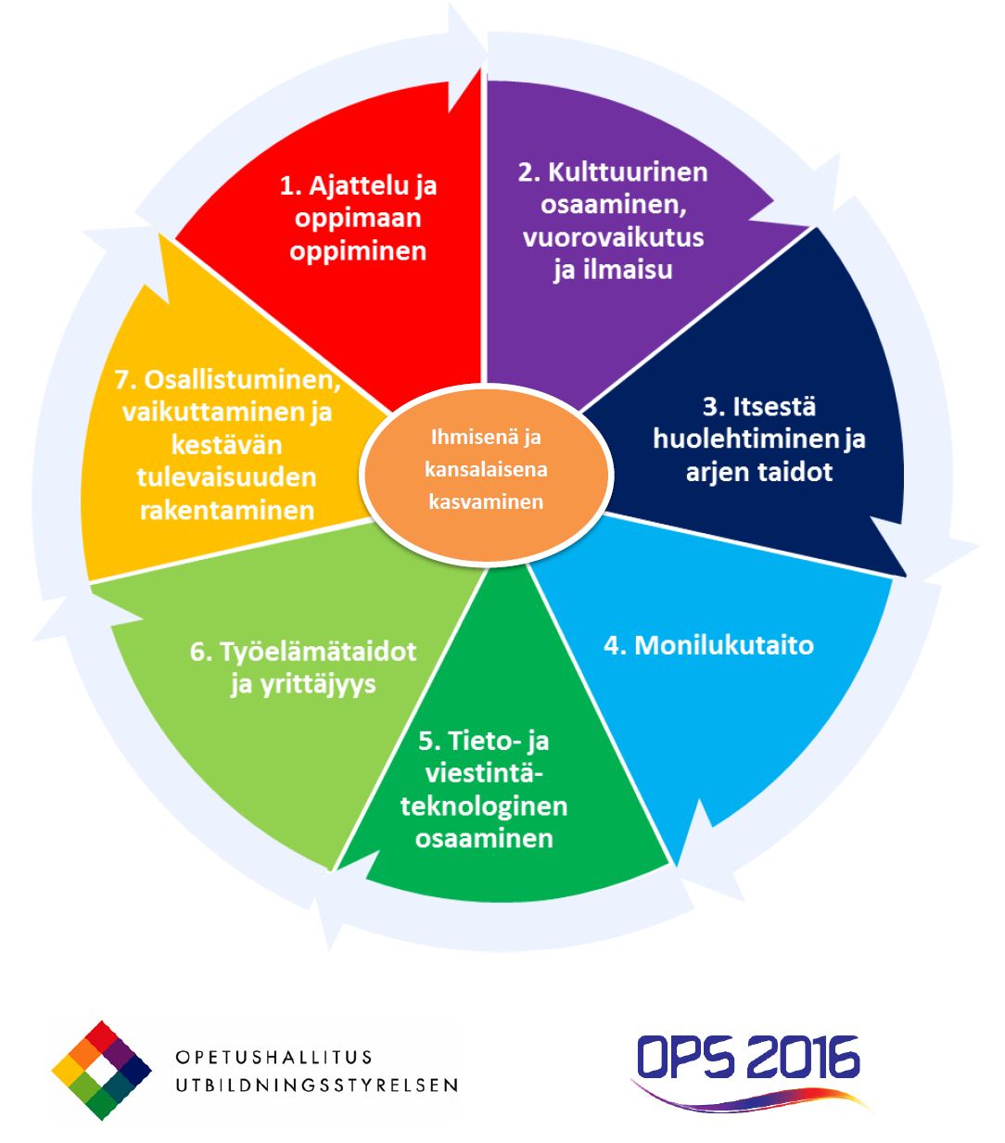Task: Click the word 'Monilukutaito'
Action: (x=723, y=645)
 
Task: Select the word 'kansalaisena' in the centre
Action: (x=486, y=469)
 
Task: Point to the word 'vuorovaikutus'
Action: (x=613, y=237)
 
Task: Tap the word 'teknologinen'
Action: (x=484, y=806)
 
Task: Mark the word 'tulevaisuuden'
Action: (x=227, y=477)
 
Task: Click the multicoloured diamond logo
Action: (x=101, y=1070)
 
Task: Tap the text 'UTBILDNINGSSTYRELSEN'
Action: (x=316, y=1085)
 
